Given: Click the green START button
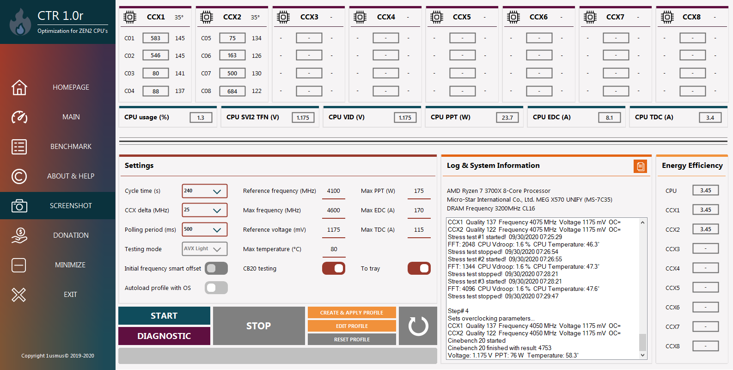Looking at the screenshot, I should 164,316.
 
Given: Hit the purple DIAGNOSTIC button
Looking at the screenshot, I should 164,336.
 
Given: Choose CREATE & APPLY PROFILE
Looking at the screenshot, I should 352,313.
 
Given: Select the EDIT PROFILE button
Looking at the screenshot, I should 352,326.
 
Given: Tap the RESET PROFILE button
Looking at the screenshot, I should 352,339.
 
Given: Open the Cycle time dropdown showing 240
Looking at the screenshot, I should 204,191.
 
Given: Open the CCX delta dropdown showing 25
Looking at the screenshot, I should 204,210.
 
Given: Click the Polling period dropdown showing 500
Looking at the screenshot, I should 204,229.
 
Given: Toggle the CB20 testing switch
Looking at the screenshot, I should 333,268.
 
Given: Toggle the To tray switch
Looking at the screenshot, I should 419,268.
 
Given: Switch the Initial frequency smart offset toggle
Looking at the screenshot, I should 216,268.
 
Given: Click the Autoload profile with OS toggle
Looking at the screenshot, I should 216,288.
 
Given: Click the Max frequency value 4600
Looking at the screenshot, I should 334,210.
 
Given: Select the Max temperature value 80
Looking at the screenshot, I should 334,249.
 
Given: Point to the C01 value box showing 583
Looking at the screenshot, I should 155,38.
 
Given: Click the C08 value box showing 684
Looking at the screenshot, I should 232,91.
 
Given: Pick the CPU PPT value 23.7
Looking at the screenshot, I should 507,117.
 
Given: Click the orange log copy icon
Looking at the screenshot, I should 640,166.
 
